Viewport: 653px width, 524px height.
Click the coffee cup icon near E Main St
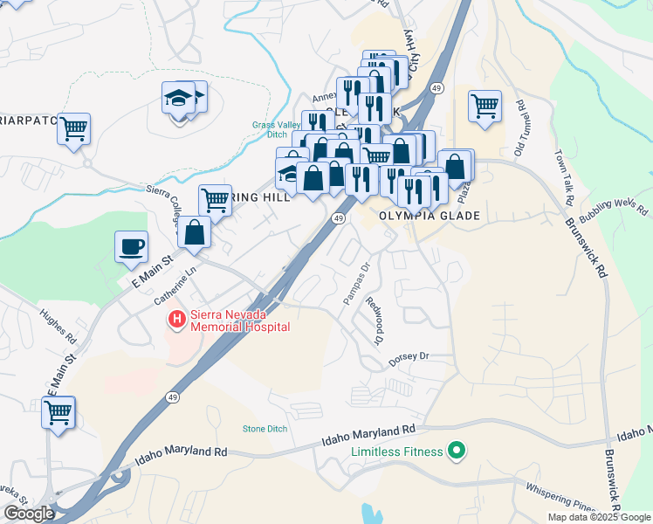132,247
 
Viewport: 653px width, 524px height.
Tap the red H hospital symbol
176,320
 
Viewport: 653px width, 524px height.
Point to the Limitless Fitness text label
397,452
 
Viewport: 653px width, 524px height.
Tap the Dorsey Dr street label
409,356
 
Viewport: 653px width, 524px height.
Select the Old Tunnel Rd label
520,128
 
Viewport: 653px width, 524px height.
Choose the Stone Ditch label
265,429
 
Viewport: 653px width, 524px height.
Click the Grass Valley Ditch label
270,129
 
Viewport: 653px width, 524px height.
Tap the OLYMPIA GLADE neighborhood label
430,215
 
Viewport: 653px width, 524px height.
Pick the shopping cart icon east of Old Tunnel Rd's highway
485,107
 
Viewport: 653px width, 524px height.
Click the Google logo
29,514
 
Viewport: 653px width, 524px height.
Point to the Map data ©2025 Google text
599,517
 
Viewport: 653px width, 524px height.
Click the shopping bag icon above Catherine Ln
194,233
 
